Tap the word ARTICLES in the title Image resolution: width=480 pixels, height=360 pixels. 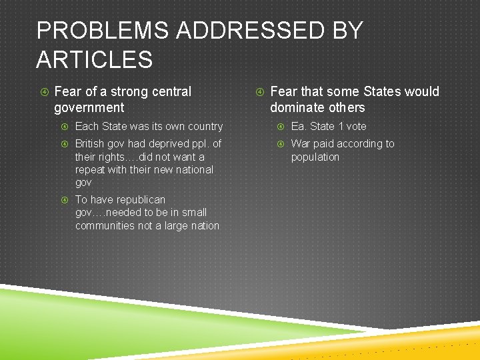(95, 60)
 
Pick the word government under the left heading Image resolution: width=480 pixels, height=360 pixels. (89, 107)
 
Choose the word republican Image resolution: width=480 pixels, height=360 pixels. (137, 199)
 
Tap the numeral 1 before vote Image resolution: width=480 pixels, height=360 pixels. (340, 126)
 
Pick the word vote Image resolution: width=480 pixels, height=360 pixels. (356, 126)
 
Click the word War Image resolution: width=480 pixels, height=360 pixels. (301, 144)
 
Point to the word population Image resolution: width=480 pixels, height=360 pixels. (315, 157)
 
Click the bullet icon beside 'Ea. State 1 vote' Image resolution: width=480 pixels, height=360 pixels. (281, 126)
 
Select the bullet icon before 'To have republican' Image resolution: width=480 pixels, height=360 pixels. (65, 199)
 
